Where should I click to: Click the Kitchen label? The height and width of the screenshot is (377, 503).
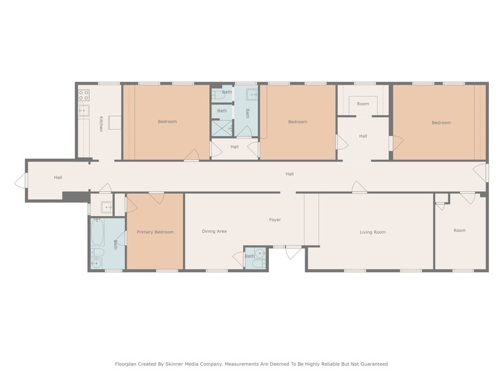pos(101,124)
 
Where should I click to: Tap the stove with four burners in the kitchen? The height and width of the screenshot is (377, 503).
pos(83,95)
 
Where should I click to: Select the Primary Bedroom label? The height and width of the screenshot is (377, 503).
pos(155,232)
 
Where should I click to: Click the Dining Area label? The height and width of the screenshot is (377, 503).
pos(214,231)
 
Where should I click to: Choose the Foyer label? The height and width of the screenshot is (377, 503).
pos(275,220)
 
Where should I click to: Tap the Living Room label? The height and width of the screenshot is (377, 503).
pos(373,232)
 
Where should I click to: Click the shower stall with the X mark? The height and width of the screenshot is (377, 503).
pos(221,128)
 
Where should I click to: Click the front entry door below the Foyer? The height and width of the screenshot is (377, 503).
pos(293,252)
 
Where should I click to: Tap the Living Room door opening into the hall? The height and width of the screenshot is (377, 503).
pos(359,187)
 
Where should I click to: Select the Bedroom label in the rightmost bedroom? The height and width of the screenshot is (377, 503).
pos(441,122)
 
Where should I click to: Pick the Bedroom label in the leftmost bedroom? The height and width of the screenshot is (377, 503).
pos(167,121)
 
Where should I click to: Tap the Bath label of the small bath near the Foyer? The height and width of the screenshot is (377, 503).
pos(249,256)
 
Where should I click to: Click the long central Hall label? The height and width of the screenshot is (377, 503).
pos(289,174)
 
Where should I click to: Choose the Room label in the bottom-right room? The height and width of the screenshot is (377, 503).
pos(459,230)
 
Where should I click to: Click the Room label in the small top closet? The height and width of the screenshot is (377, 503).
pos(363,103)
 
